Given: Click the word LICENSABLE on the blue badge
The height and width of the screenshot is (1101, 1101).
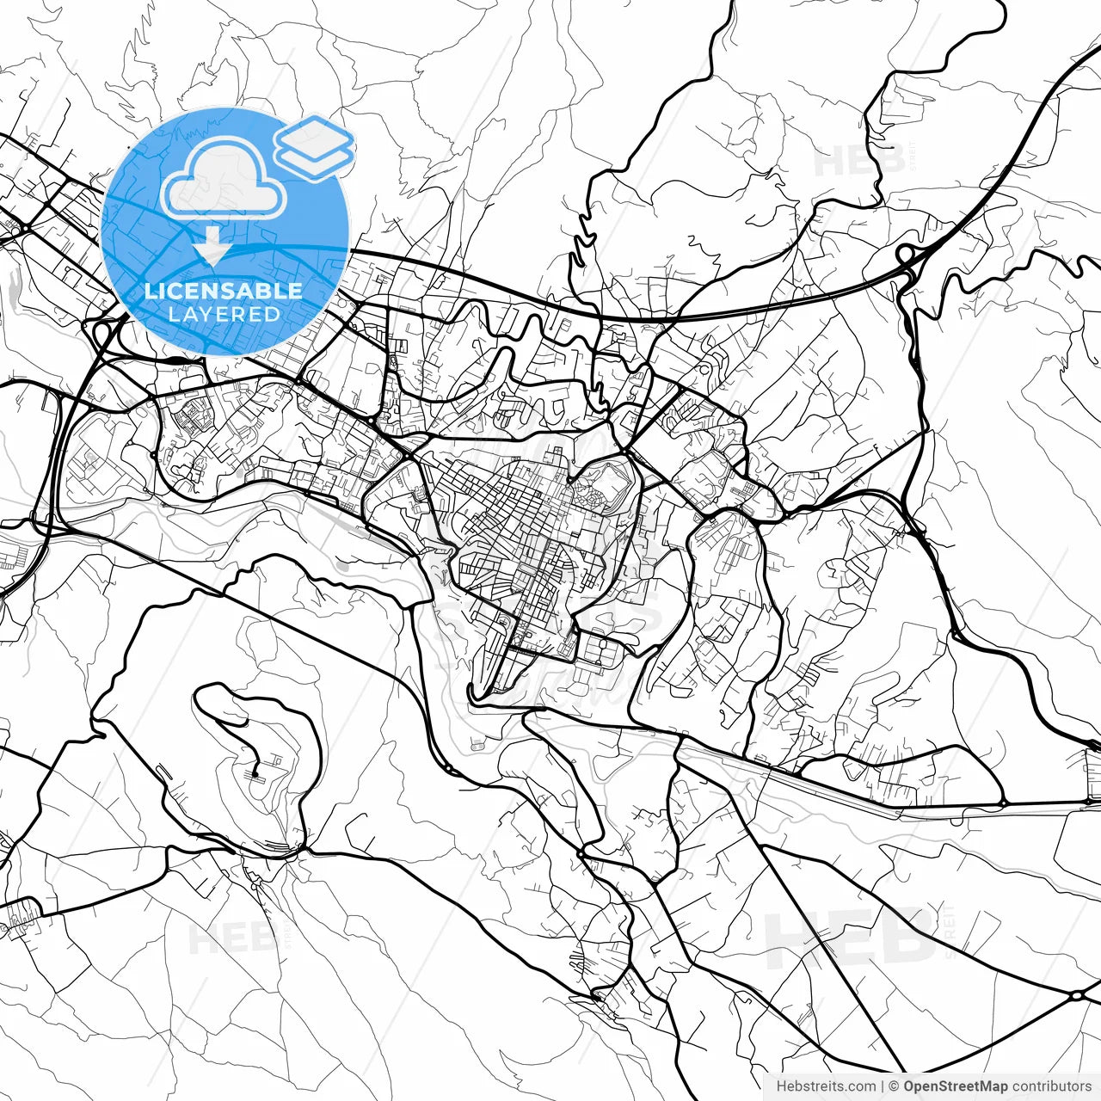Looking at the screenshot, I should click(224, 291).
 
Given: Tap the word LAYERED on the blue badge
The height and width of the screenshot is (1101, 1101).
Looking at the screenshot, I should click(224, 314).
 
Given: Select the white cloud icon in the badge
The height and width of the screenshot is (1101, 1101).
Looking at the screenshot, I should click(224, 179).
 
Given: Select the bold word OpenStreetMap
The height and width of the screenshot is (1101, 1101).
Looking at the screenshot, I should click(956, 1086).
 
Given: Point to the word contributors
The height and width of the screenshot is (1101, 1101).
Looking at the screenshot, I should click(1051, 1086).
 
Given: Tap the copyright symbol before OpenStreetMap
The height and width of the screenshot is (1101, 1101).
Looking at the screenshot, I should click(895, 1086).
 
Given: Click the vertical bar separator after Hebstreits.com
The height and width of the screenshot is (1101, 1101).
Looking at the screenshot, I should click(883, 1086).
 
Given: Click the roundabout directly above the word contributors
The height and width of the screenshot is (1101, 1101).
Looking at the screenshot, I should click(1077, 995).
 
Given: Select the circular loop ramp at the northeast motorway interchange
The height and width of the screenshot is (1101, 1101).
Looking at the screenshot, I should click(906, 255).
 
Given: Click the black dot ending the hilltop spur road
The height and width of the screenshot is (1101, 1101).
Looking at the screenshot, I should click(255, 775).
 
